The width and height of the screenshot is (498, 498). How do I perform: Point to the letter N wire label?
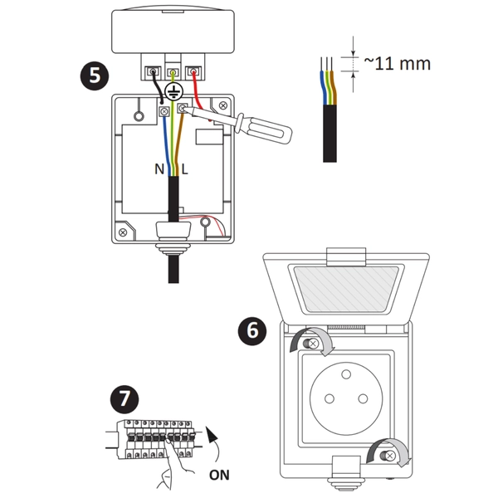pos(159,168)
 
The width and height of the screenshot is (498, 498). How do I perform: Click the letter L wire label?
pos(184,168)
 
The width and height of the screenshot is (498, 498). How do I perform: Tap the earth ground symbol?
pos(173,92)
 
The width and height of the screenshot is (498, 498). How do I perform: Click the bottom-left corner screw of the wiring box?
pos(123,232)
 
